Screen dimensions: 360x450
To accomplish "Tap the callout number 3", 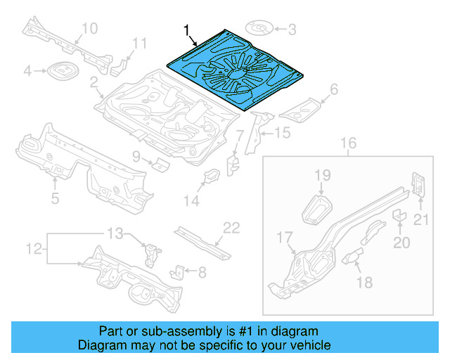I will click(292, 29).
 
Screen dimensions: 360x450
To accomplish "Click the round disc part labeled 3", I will click(259, 29).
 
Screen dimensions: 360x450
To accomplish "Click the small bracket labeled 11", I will click(120, 65).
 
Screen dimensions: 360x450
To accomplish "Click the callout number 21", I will click(420, 221).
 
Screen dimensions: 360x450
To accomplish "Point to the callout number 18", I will click(364, 283).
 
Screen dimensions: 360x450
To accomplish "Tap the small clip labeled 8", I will click(179, 271).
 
